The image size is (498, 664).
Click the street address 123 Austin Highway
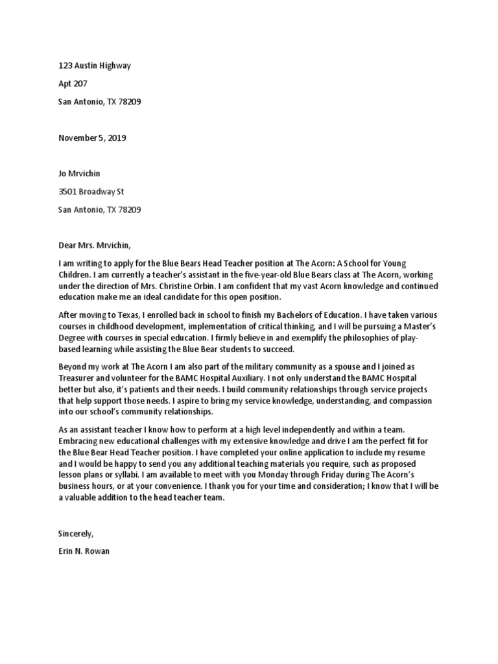pos(95,65)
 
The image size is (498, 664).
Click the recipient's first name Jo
pos(63,174)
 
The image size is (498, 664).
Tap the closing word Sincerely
pos(76,533)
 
